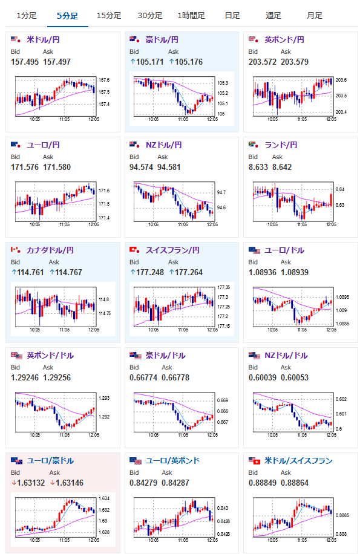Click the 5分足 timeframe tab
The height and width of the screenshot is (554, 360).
pyautogui.click(x=68, y=16)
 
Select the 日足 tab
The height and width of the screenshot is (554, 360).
pyautogui.click(x=232, y=16)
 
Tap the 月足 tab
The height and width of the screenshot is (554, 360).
pyautogui.click(x=315, y=16)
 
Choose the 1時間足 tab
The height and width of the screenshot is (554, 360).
pyautogui.click(x=191, y=16)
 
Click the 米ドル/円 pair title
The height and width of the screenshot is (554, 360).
pyautogui.click(x=43, y=39)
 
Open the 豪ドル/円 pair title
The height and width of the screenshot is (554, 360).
pyautogui.click(x=162, y=39)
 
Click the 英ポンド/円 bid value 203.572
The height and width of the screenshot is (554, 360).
pyautogui.click(x=263, y=62)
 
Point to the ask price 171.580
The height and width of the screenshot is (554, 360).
pyautogui.click(x=57, y=167)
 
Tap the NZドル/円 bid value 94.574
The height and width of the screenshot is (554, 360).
pyautogui.click(x=142, y=167)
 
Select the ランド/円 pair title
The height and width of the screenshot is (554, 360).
pyautogui.click(x=281, y=145)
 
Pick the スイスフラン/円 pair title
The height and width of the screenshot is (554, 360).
pyautogui.click(x=173, y=250)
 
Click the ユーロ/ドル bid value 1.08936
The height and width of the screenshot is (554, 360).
pyautogui.click(x=263, y=272)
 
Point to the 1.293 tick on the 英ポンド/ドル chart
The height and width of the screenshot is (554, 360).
pyautogui.click(x=104, y=398)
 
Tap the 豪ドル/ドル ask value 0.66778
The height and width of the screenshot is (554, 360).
pyautogui.click(x=175, y=377)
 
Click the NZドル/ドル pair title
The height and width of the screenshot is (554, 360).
pyautogui.click(x=286, y=356)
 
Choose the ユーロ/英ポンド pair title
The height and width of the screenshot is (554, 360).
pyautogui.click(x=173, y=461)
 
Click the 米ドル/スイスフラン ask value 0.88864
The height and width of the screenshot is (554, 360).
pyautogui.click(x=295, y=483)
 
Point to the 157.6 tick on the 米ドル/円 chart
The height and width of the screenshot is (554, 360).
pyautogui.click(x=104, y=80)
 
